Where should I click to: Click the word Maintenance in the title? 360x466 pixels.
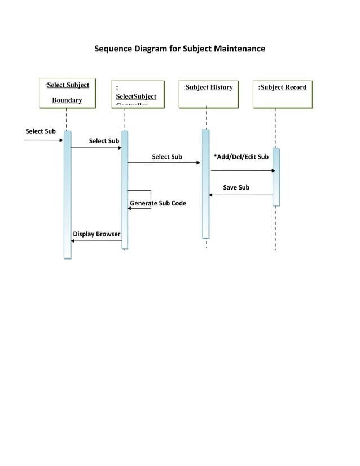[x=239, y=49]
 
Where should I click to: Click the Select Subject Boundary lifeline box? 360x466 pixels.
[x=67, y=93]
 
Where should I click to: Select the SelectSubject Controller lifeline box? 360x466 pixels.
[x=138, y=94]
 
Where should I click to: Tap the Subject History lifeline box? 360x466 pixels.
[x=207, y=94]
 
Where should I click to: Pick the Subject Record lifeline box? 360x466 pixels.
[x=282, y=94]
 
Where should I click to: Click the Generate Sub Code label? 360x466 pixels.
[x=158, y=203]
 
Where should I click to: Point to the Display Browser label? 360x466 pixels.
[x=96, y=234]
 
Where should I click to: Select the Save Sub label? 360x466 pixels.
[x=236, y=187]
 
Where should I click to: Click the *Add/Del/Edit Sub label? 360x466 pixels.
[x=241, y=157]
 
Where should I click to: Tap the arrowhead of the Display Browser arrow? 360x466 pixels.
[x=73, y=241]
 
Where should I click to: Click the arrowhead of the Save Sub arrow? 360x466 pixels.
[x=211, y=195]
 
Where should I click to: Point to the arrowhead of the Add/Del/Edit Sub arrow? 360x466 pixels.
[x=273, y=170]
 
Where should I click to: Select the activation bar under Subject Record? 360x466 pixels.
[x=276, y=177]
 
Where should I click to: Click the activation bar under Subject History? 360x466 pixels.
[x=206, y=183]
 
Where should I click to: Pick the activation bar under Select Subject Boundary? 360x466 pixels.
[x=67, y=195]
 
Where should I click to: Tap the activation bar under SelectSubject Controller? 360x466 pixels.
[x=125, y=190]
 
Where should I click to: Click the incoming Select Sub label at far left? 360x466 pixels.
[x=41, y=131]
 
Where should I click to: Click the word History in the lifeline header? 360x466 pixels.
[x=221, y=87]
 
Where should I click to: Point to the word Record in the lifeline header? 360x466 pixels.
[x=296, y=87]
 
